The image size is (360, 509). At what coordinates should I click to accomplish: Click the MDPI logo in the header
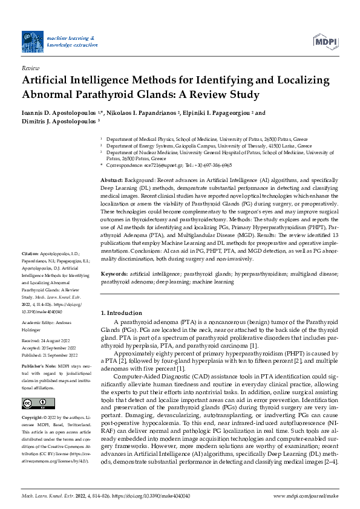tap(325, 41)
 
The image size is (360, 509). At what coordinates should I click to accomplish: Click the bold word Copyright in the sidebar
tap(33, 418)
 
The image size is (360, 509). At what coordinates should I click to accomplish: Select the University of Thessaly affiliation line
tap(209, 146)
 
